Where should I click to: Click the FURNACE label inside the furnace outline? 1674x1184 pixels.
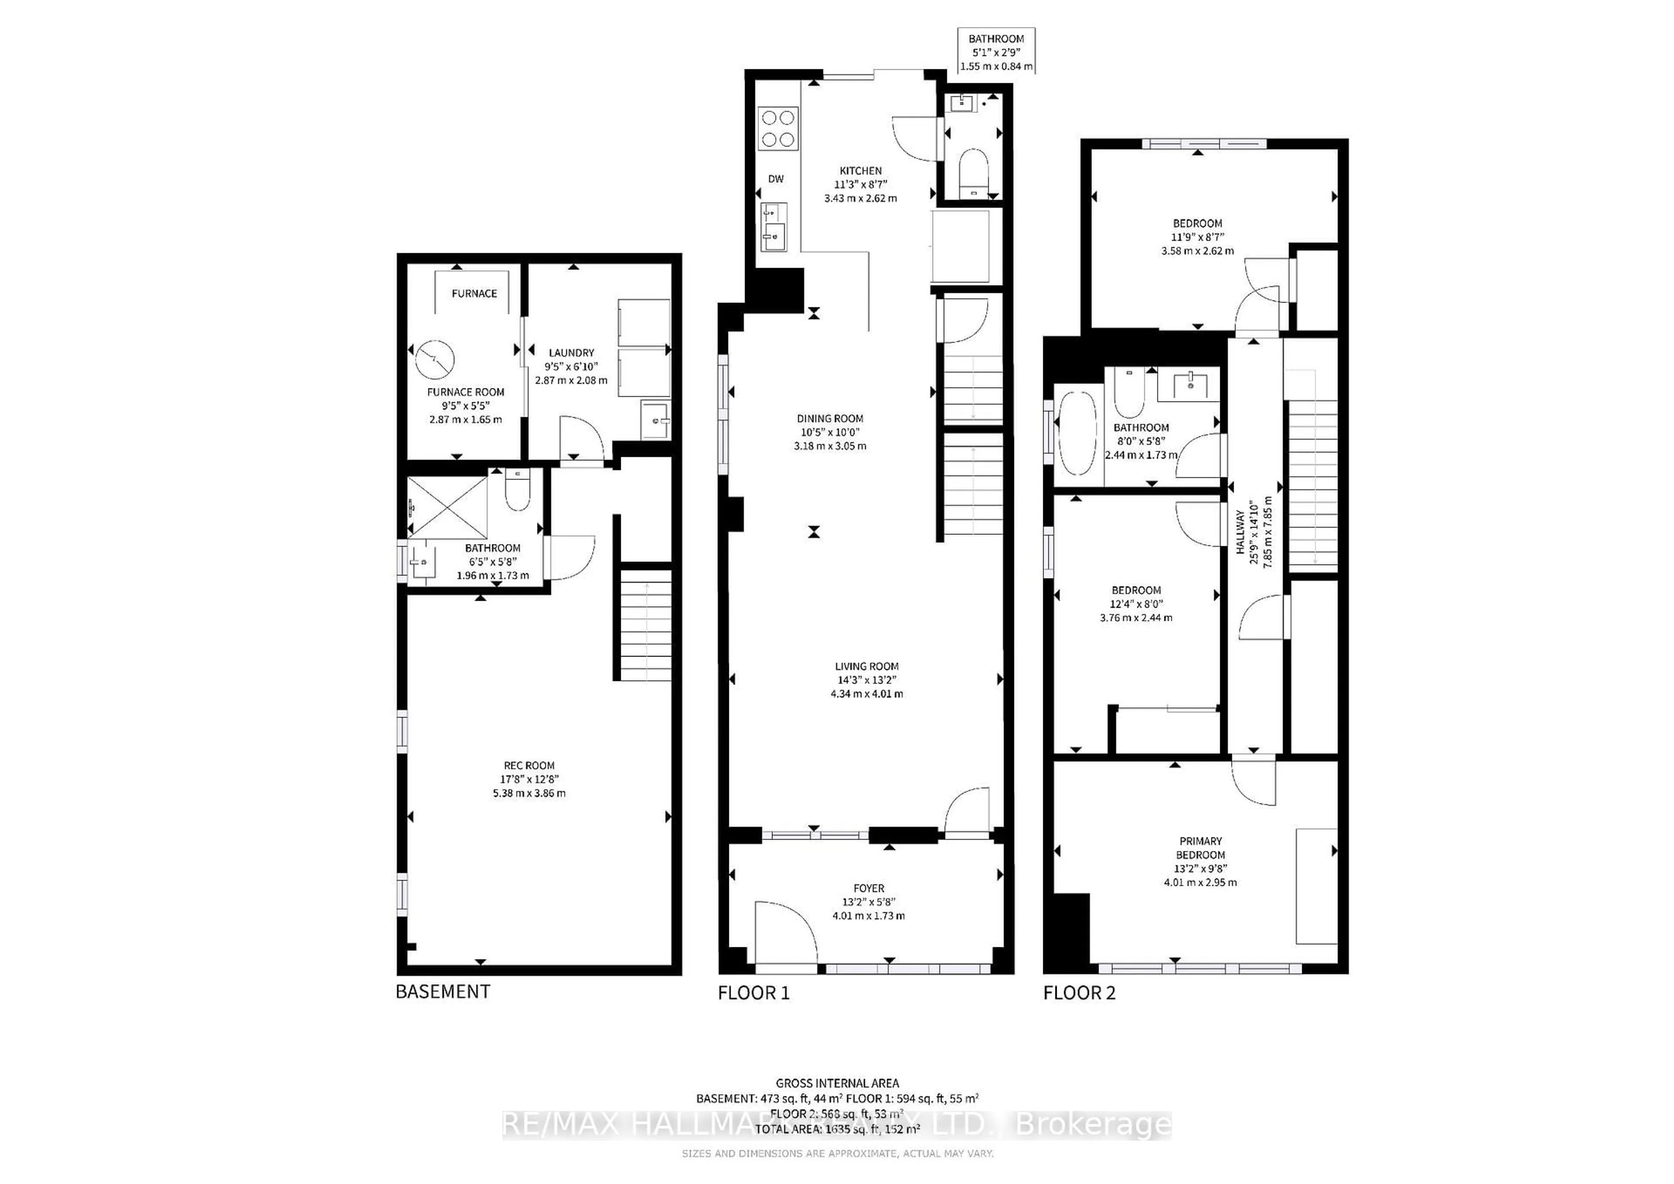coord(474,293)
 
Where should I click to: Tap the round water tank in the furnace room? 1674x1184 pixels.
coord(435,359)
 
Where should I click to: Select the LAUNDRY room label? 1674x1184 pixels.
coord(571,352)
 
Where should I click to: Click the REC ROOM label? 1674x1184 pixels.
coord(529,766)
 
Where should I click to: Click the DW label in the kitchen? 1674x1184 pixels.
coord(776,179)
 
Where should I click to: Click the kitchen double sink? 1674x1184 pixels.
coord(773,226)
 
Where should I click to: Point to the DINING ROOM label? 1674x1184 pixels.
coord(830,418)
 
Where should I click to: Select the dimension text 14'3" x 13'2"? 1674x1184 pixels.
coord(866,680)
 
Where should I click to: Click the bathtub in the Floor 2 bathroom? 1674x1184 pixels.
coord(1077,434)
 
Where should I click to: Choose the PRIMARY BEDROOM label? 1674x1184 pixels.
coord(1200,848)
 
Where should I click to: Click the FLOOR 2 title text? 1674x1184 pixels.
coord(1079,993)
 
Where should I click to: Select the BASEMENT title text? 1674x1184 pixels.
coord(442,991)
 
